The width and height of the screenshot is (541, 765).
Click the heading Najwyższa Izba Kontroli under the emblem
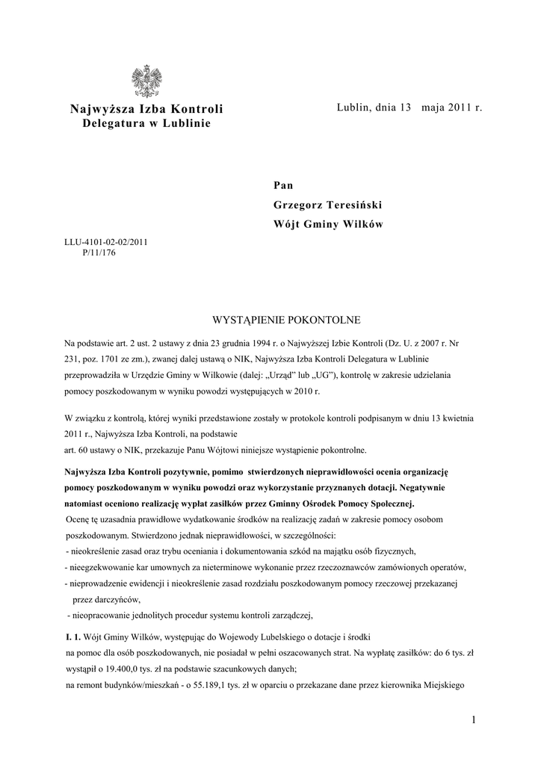click(146, 110)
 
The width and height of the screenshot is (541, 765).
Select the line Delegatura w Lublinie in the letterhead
click(146, 123)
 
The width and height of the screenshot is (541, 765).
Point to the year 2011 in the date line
click(462, 109)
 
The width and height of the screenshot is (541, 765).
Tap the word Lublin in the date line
click(353, 109)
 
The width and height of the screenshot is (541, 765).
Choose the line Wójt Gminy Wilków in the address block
click(327, 225)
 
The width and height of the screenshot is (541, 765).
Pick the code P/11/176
click(99, 253)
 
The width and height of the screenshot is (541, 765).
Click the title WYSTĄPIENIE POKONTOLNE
click(287, 320)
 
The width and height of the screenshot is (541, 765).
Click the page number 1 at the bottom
click(474, 719)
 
